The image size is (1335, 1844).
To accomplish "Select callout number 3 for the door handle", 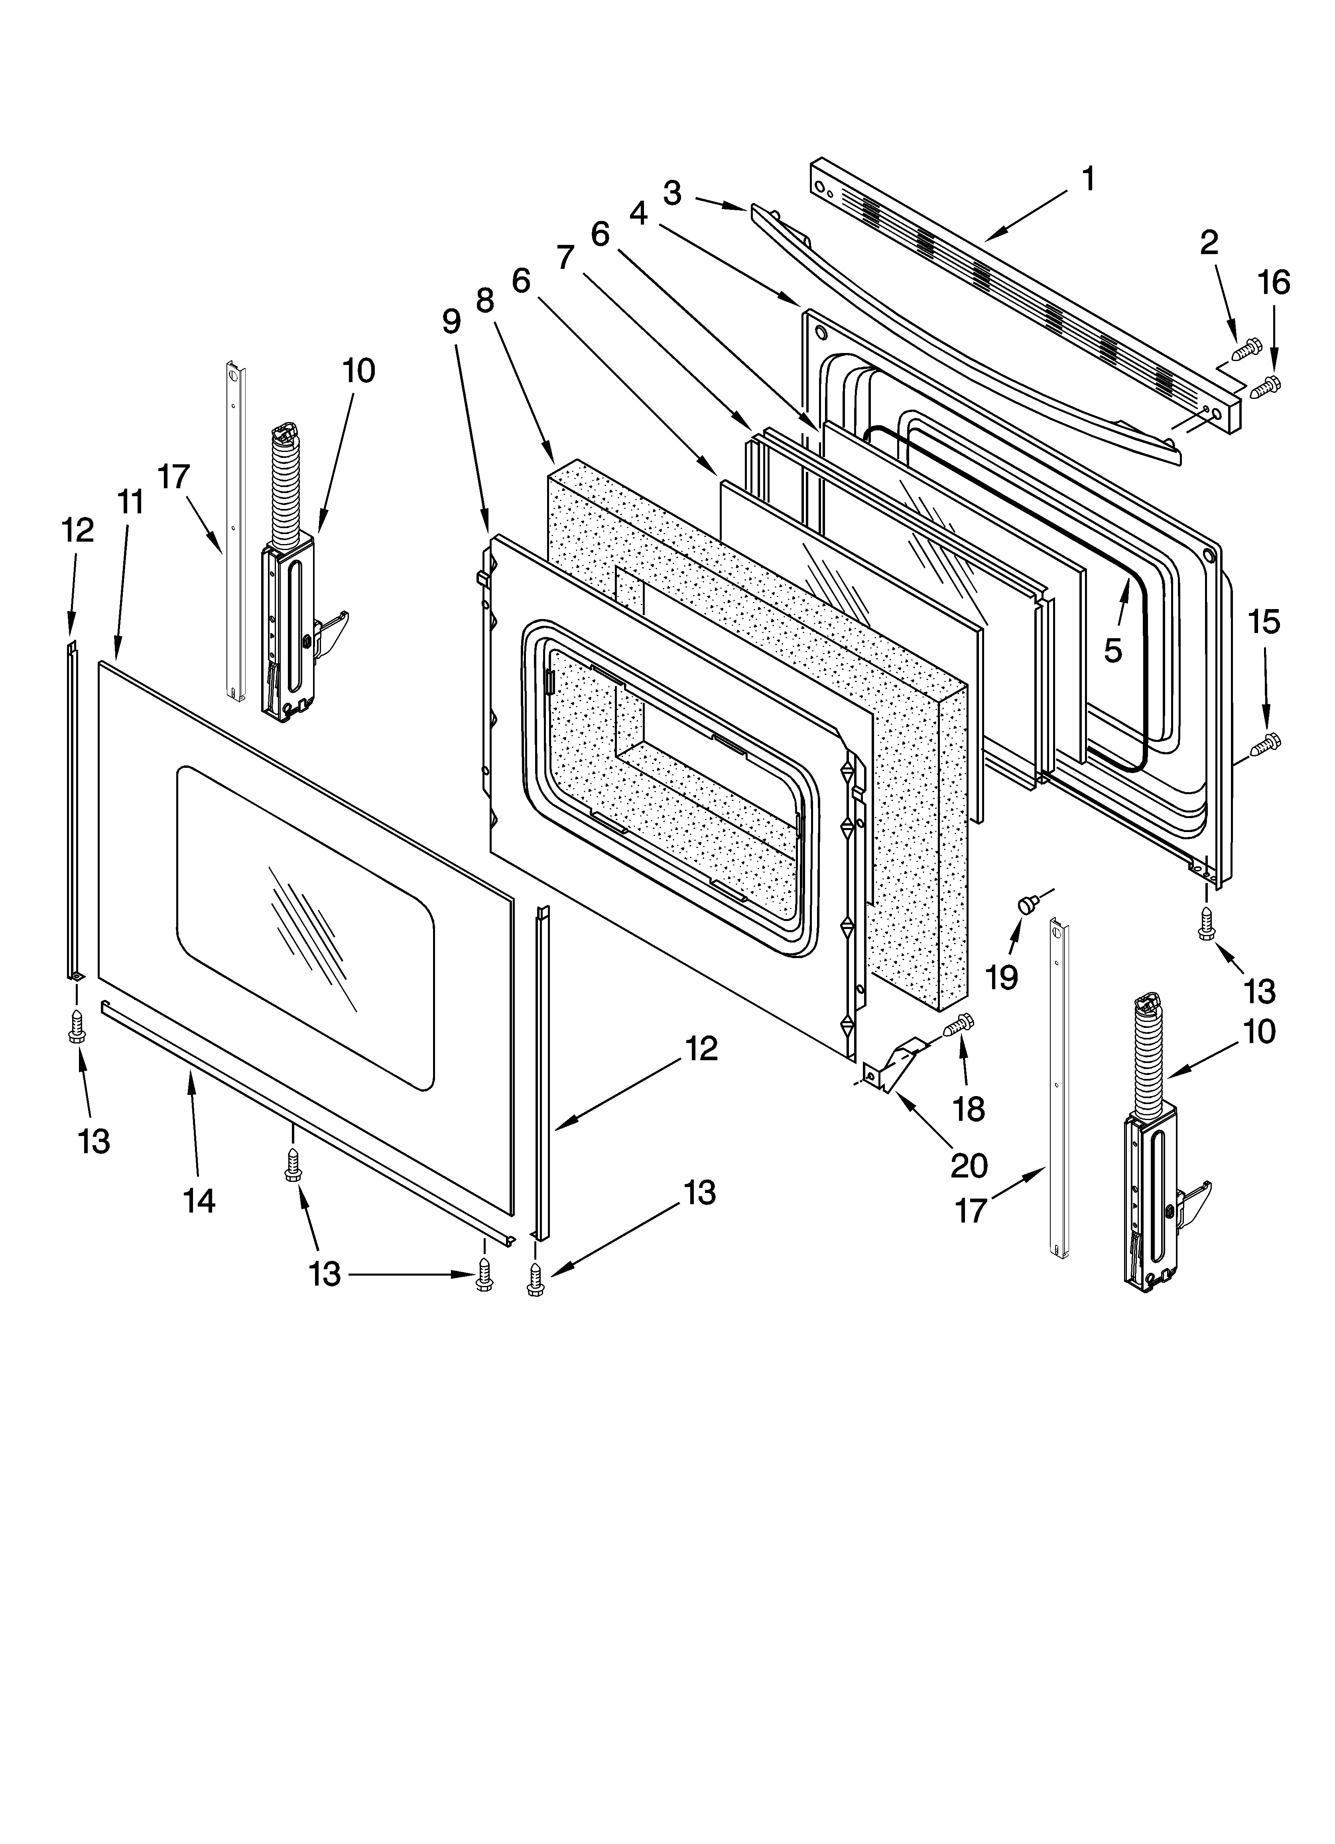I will tap(671, 193).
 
